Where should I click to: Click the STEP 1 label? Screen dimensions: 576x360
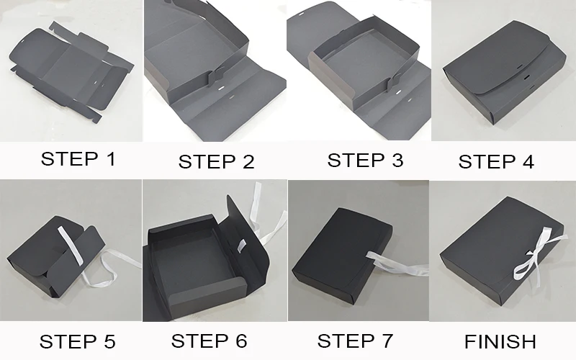point(78,159)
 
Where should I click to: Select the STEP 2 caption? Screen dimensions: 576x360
point(217,161)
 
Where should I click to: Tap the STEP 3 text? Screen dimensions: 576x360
point(365,160)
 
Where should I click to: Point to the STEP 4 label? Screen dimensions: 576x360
point(496,161)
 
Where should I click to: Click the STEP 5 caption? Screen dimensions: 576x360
point(78,341)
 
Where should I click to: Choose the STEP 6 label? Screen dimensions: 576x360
point(209,341)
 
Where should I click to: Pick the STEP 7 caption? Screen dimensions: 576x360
point(355,341)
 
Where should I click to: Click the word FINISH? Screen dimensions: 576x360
point(500,341)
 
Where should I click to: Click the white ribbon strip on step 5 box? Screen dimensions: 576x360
point(71,245)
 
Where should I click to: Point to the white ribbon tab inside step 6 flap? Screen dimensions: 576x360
point(241,246)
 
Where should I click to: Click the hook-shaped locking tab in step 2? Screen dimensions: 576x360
point(214,77)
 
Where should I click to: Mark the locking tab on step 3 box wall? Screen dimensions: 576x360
point(395,83)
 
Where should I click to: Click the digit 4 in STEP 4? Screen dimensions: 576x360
point(528,161)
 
